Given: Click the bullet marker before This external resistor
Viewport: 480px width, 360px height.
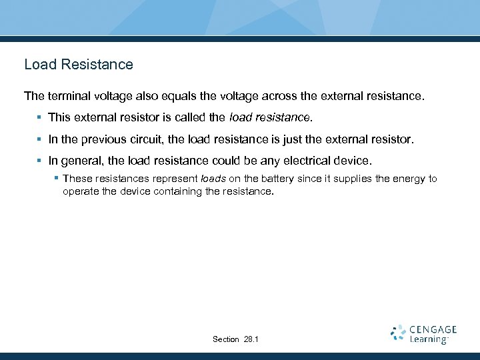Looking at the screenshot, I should [39, 118].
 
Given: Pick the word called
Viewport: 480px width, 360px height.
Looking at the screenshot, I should [191, 118].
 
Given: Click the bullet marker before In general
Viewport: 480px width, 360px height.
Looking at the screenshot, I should [39, 161].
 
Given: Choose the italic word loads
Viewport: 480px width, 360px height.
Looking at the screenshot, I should [213, 179].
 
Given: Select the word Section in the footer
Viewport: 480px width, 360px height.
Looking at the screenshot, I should [226, 339].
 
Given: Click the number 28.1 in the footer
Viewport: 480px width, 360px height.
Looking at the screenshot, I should [251, 339].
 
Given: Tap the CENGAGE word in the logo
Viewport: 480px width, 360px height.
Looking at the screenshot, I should [433, 329].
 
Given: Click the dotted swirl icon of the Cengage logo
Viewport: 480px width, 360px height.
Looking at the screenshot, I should [398, 333].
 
